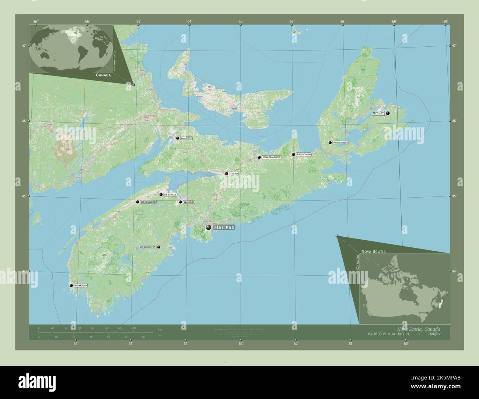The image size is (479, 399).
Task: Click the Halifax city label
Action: (x=224, y=228)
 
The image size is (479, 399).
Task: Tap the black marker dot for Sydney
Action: (x=388, y=113)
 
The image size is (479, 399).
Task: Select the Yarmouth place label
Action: (x=80, y=286)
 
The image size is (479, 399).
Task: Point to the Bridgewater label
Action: (x=147, y=247)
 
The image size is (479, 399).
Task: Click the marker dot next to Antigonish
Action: (x=293, y=155)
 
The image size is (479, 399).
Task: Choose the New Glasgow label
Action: (x=272, y=157)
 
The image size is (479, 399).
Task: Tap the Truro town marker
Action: (x=227, y=173)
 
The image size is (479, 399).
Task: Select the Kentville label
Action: (x=170, y=194)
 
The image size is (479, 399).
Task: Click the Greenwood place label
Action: (x=148, y=202)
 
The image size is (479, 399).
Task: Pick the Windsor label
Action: (x=189, y=202)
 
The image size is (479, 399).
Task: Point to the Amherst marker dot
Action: (x=178, y=138)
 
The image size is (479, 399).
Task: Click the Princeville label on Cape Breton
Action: (x=340, y=142)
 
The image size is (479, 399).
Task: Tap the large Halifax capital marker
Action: (x=209, y=228)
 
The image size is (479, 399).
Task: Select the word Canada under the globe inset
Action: (x=103, y=75)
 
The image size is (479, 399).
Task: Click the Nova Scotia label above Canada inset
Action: (x=374, y=251)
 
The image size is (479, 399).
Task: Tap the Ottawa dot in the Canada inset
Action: (x=427, y=313)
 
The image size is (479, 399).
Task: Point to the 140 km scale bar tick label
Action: (x=133, y=328)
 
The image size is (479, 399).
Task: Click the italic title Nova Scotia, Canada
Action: (x=418, y=329)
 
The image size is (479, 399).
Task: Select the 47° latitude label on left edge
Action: (x=24, y=46)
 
